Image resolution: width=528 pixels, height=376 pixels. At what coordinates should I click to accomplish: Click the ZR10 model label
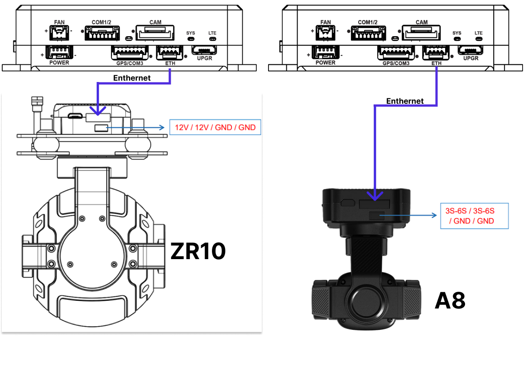[198, 251]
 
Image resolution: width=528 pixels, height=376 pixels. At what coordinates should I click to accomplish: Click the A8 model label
[450, 301]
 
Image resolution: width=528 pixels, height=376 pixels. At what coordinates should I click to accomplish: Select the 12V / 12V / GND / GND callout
[215, 128]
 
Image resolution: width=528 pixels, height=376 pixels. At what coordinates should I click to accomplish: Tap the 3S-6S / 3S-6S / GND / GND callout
[474, 216]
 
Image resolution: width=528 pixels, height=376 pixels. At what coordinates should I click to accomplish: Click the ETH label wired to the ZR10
[170, 63]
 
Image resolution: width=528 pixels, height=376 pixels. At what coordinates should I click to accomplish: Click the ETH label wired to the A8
[437, 63]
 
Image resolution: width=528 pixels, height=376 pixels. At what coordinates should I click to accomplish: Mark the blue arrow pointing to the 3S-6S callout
[409, 216]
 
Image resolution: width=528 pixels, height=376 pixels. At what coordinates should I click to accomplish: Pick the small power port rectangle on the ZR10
[101, 128]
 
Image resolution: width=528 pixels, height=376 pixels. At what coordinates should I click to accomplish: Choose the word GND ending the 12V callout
[247, 128]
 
